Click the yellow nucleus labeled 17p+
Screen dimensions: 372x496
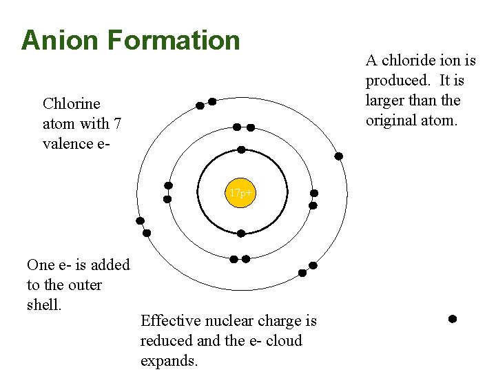(241, 194)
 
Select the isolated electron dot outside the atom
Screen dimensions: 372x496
(453, 319)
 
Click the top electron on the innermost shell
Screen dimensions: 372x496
(241, 149)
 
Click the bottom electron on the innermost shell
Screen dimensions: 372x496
(241, 234)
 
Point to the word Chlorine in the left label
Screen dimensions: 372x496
(71, 104)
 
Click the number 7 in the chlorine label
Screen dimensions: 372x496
(118, 124)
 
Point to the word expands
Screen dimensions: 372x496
(169, 361)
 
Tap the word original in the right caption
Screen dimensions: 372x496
(391, 120)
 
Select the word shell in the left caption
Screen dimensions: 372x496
(43, 304)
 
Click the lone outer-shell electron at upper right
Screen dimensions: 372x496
(338, 156)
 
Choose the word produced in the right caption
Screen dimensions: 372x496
(394, 81)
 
